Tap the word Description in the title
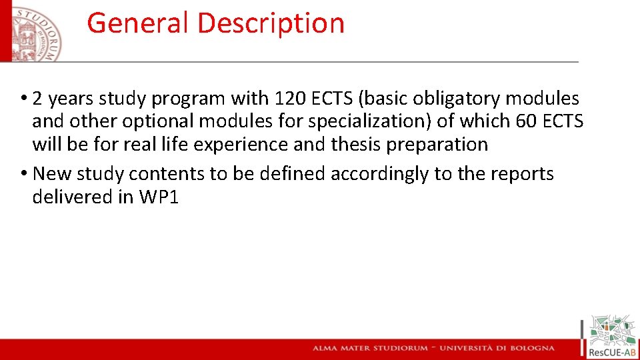(271, 23)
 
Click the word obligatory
(457, 99)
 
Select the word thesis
(357, 144)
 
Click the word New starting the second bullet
(53, 174)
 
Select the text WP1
(158, 197)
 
